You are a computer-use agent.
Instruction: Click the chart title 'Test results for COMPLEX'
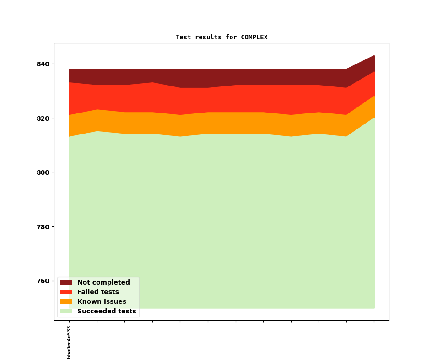point(221,38)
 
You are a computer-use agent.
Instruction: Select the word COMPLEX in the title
point(254,38)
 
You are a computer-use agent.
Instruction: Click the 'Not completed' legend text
point(103,283)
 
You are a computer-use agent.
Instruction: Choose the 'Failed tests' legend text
point(98,292)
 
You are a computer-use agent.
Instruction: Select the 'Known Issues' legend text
point(102,302)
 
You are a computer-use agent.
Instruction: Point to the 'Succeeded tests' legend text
point(107,312)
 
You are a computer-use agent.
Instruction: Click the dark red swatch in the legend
point(66,283)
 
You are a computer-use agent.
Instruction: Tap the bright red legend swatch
point(66,292)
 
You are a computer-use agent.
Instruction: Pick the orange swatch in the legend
point(66,302)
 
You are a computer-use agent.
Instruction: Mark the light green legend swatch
point(66,312)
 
